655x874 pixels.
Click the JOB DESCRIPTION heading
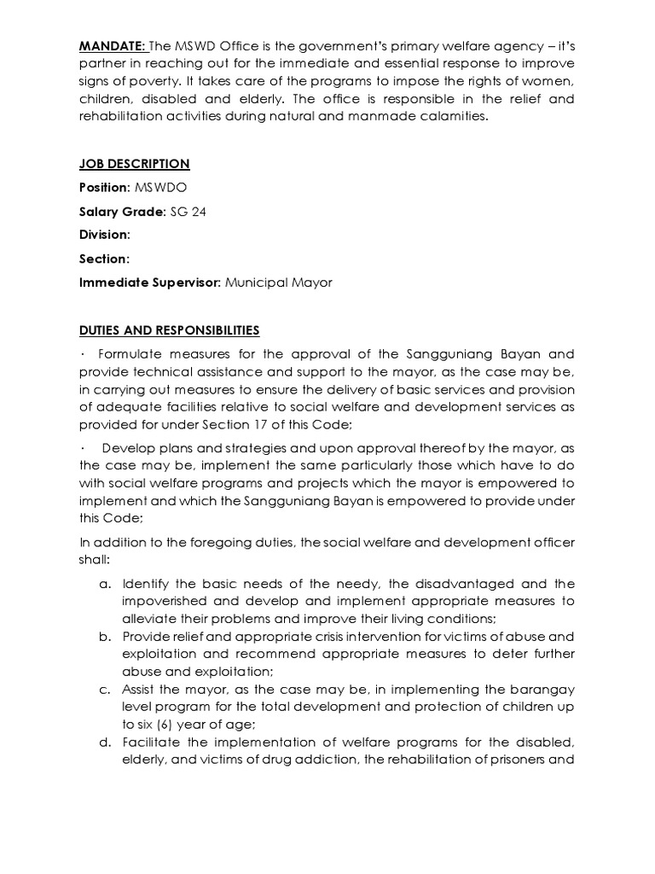(134, 164)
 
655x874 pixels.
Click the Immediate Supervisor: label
(150, 283)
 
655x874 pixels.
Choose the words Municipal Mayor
(278, 283)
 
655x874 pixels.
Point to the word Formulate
(129, 353)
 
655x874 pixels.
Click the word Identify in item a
(146, 584)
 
